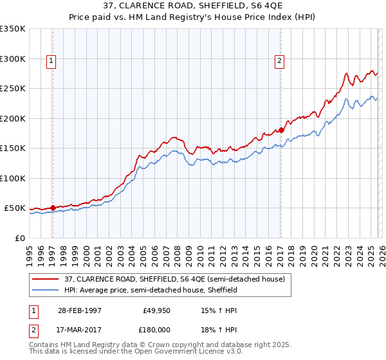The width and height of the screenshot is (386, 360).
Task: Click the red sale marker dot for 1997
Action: click(x=53, y=208)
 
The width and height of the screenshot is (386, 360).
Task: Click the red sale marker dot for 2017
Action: click(x=281, y=130)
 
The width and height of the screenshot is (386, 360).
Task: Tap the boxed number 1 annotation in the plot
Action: click(x=51, y=62)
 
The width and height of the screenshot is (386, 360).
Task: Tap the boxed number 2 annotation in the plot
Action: click(x=280, y=62)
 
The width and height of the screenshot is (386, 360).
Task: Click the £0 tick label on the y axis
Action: click(x=19, y=238)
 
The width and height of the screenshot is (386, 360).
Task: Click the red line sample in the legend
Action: click(x=46, y=278)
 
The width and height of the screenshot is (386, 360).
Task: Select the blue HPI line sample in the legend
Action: click(x=46, y=290)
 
